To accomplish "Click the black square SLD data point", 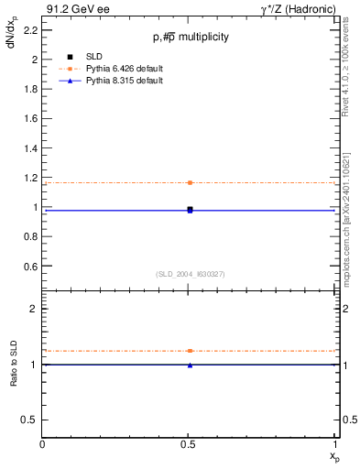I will (190, 210).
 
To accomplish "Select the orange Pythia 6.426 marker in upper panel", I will (190, 182).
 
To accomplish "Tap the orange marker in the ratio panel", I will (190, 351).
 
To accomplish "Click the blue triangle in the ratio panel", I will (190, 365).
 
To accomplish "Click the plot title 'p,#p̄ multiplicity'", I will (190, 37).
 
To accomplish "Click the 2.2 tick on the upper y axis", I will (32, 30).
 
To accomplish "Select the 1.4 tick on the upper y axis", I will (32, 148).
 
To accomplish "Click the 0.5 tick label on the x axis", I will (190, 443).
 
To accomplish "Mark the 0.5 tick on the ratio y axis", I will (32, 420).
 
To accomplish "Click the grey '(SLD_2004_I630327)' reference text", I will (190, 274).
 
